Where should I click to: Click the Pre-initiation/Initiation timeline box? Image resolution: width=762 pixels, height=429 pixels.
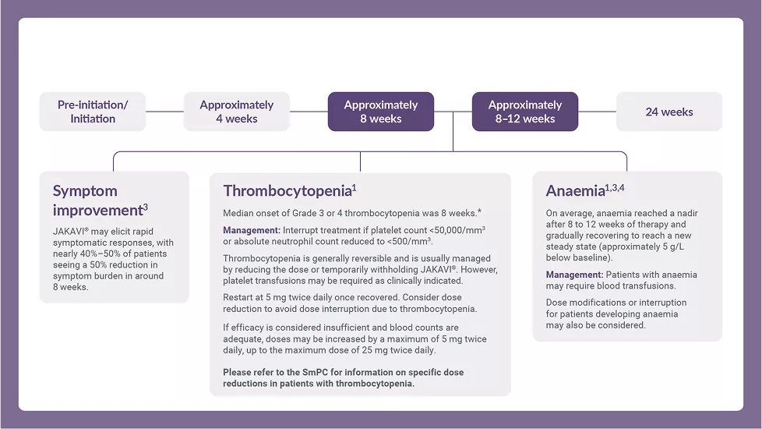[93, 112]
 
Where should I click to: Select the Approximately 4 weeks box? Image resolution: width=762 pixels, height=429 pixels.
[236, 112]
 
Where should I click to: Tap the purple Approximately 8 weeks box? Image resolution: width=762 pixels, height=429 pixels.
[380, 112]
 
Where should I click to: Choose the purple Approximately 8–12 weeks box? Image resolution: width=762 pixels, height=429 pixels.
[525, 112]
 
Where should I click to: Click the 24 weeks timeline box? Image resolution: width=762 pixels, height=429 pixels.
[669, 112]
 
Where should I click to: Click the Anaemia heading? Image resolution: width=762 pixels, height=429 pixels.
[575, 191]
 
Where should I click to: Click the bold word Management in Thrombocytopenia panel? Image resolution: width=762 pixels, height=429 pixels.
[250, 231]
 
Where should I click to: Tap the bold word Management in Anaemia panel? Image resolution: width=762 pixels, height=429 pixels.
[574, 275]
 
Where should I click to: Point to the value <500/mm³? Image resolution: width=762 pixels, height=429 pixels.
[407, 242]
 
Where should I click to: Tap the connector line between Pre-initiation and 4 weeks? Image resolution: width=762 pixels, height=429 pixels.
[164, 112]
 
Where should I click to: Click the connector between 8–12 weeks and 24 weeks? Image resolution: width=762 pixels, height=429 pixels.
[597, 112]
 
